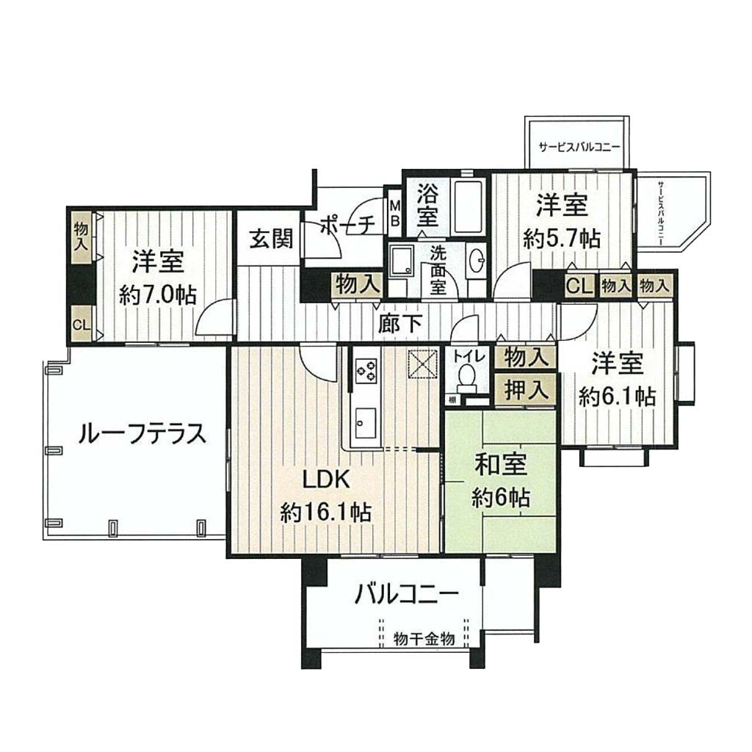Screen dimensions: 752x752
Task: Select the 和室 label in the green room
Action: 501,465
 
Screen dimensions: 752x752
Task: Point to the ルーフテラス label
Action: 142,434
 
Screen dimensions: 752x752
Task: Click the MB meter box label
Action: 394,214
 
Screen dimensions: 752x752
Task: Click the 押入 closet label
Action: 527,391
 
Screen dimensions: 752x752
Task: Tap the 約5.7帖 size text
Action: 562,238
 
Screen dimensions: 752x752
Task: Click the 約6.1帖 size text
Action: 616,396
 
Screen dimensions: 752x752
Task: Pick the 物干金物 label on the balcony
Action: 424,638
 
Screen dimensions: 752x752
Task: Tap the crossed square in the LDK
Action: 422,364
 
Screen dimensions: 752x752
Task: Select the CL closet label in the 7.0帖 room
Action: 81,325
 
